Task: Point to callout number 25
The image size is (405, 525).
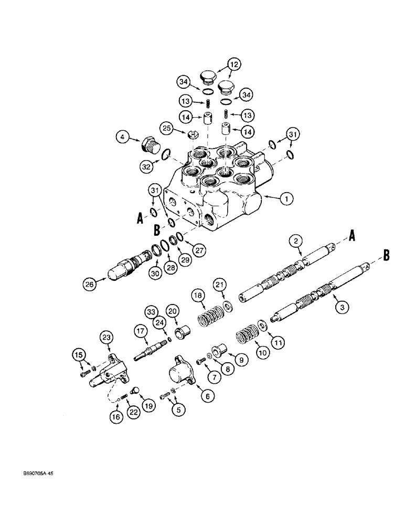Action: coord(166,128)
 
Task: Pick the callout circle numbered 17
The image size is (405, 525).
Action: coord(141,331)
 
